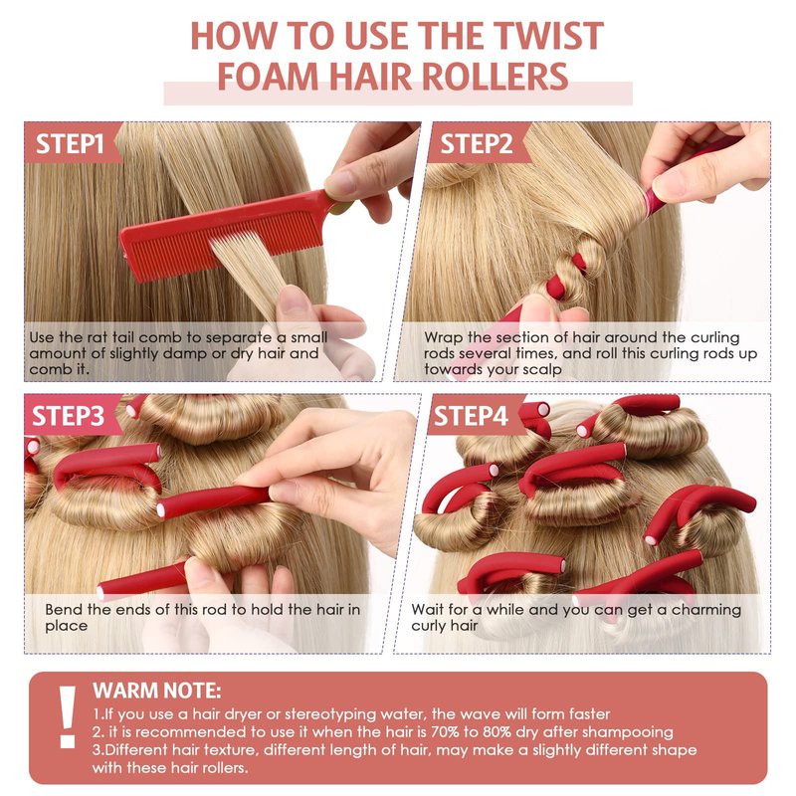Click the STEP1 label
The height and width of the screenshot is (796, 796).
click(x=70, y=143)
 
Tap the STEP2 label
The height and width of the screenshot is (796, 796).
click(x=477, y=143)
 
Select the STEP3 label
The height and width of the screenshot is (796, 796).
click(x=68, y=416)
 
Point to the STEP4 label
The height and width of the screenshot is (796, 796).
click(x=471, y=416)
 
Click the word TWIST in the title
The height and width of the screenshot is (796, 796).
click(x=548, y=36)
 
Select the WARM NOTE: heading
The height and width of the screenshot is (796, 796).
click(x=157, y=691)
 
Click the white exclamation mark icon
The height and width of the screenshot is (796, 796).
click(x=67, y=716)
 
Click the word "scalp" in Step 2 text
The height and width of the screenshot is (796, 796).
click(x=538, y=370)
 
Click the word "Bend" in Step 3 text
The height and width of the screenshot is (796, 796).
click(x=64, y=609)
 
